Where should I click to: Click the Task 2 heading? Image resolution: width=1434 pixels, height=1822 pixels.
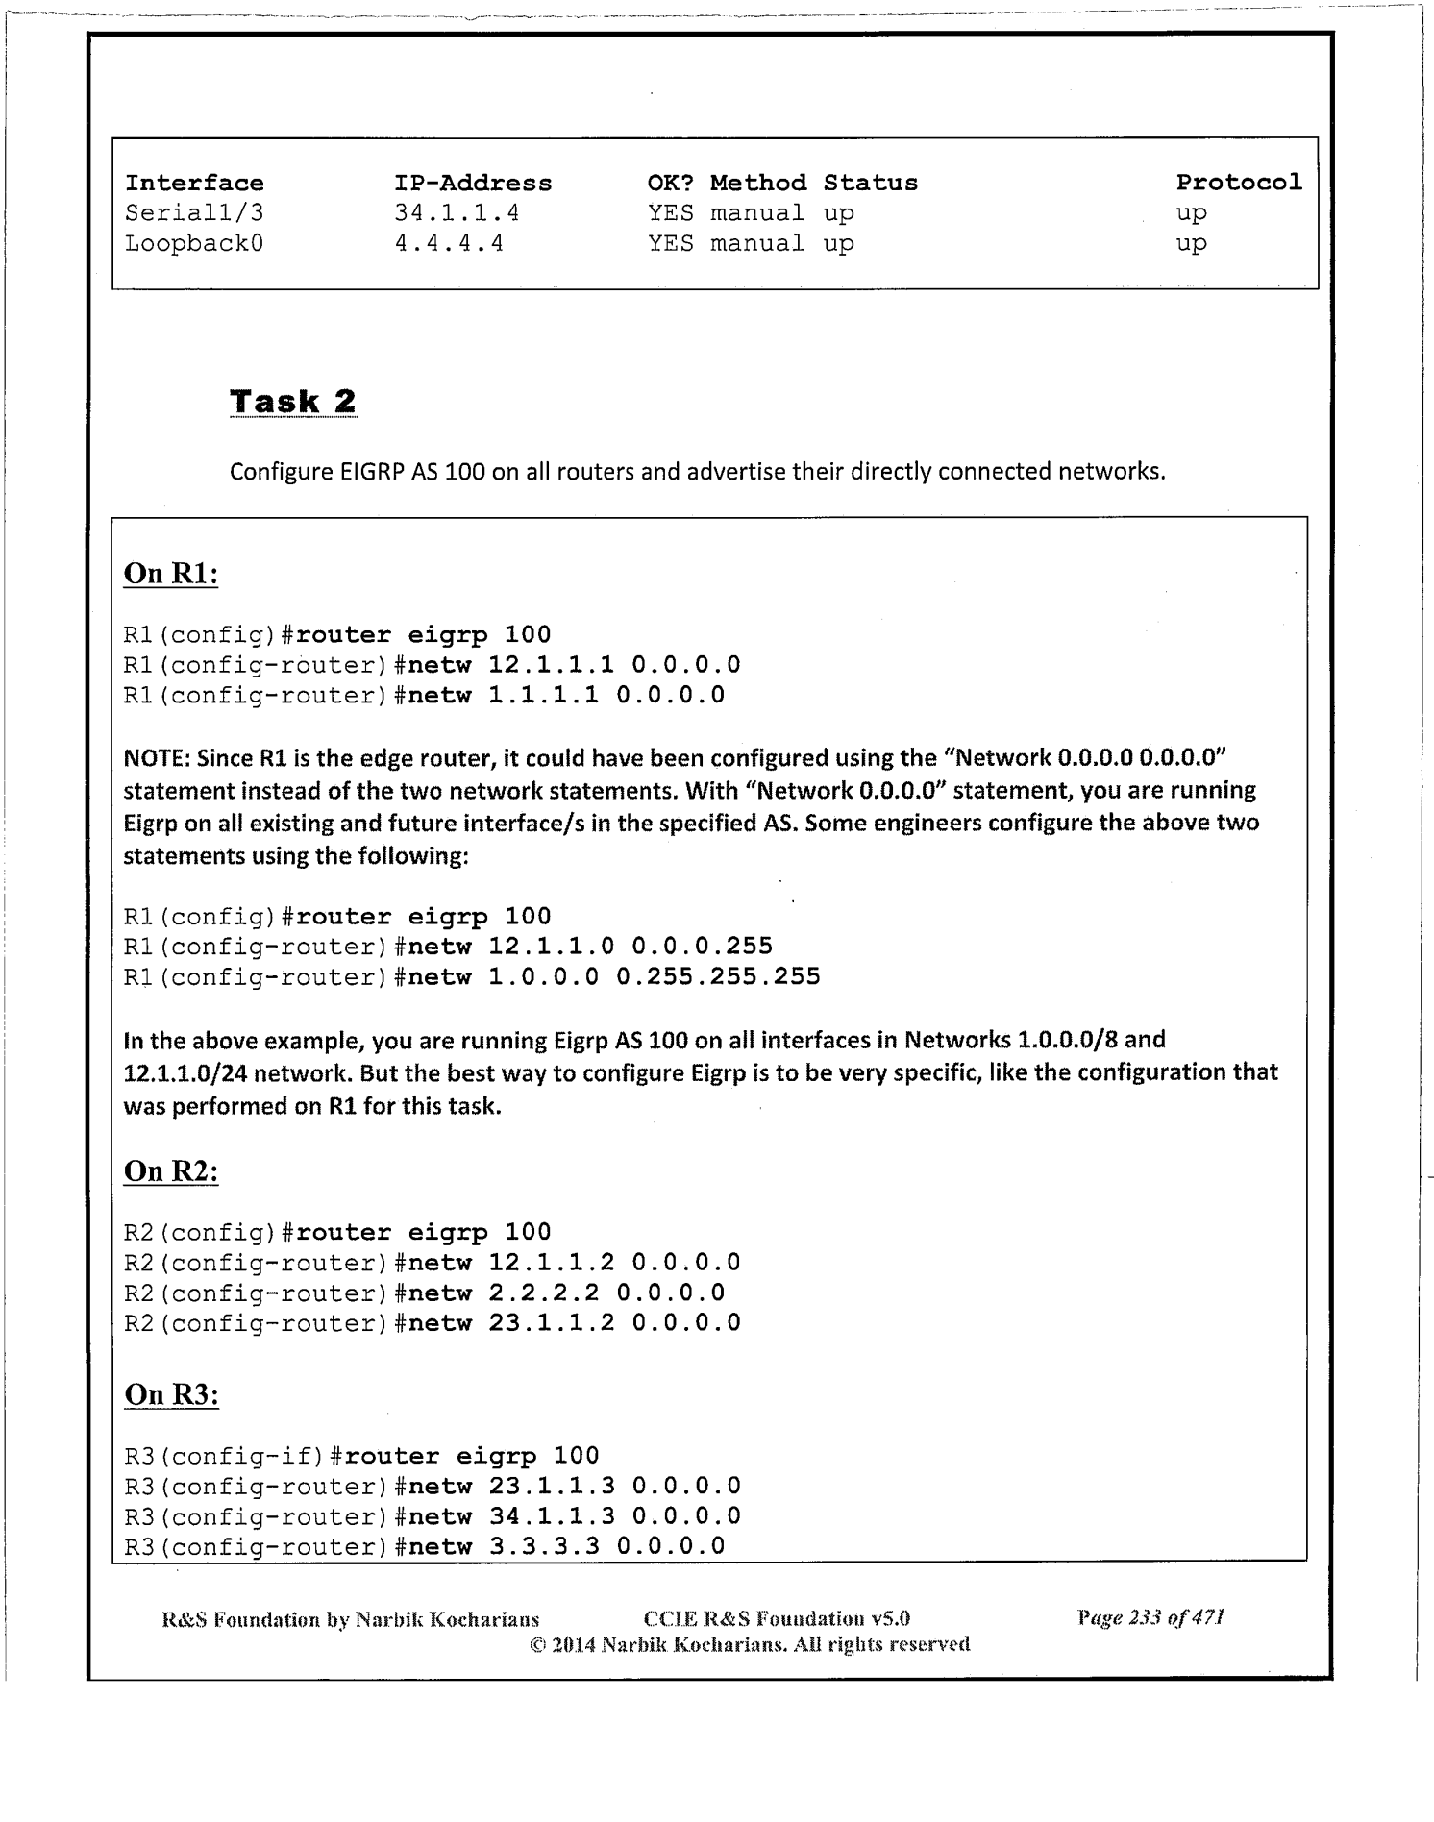point(292,402)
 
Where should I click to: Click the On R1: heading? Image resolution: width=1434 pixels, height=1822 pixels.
point(171,574)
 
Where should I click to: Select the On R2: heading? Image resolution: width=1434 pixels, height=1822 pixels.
point(171,1171)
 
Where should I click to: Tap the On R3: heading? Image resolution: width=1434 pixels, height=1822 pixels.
point(172,1395)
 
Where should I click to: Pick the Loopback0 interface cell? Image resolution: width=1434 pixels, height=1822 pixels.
point(194,244)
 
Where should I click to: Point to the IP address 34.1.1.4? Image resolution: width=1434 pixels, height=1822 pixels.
point(457,213)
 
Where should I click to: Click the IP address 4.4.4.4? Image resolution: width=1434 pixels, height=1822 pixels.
point(449,244)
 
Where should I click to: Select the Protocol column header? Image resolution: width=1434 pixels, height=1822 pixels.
point(1239,183)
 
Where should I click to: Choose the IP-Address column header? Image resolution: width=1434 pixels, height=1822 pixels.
point(473,184)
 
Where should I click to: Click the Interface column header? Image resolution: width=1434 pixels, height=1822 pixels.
point(194,184)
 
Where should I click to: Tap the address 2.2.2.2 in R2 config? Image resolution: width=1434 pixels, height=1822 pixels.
point(543,1293)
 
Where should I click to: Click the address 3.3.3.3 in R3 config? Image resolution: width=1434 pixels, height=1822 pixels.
point(543,1546)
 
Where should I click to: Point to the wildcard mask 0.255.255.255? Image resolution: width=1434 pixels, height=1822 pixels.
point(718,977)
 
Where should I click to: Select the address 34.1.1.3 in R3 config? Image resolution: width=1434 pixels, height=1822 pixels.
point(552,1516)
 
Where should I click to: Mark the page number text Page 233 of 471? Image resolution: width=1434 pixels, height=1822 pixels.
point(1150,1618)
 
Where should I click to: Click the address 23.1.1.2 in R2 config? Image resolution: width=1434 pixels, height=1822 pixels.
point(552,1323)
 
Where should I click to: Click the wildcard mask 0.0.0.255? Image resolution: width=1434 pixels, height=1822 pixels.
point(702,947)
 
